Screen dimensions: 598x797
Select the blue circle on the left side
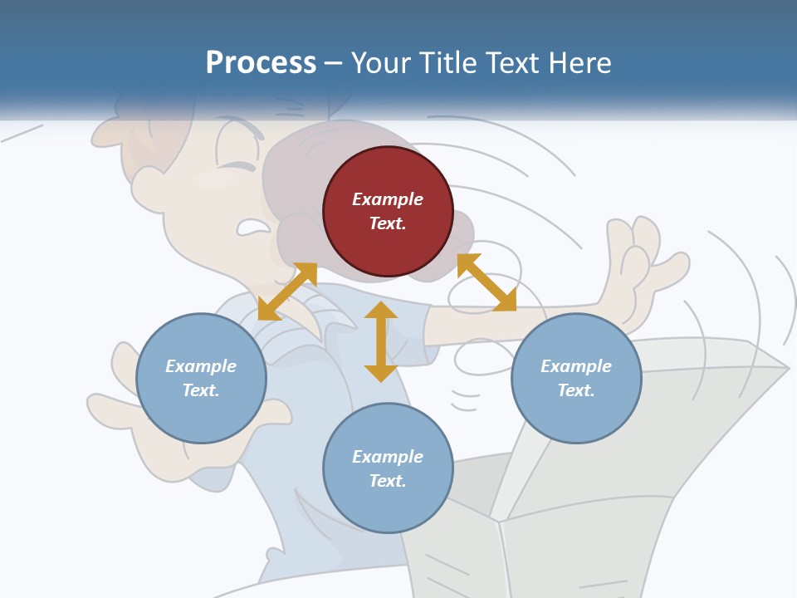[x=201, y=378]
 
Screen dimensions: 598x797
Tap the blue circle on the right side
[x=576, y=378]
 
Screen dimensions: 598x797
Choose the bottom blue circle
[x=388, y=468]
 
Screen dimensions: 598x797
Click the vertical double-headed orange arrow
[x=381, y=341]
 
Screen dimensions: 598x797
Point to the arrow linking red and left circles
[x=287, y=292]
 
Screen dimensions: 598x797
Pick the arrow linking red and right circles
[x=487, y=282]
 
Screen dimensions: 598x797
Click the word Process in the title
[x=261, y=62]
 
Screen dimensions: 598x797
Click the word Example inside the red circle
[x=388, y=199]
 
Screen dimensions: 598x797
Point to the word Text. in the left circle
[x=201, y=390]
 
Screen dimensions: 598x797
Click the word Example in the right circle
[x=576, y=366]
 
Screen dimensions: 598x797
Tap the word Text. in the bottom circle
[x=388, y=481]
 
